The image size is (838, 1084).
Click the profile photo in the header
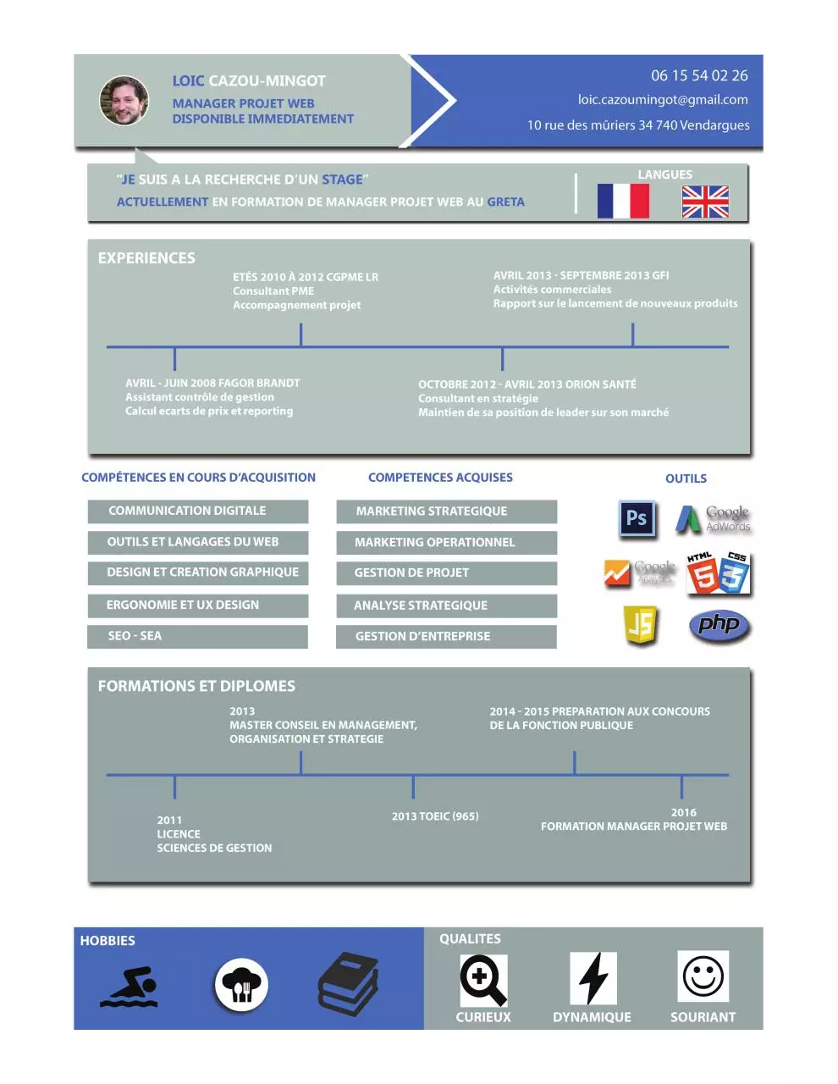click(124, 101)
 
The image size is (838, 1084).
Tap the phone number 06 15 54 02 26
click(699, 75)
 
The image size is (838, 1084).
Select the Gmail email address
click(663, 100)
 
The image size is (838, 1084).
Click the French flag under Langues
click(623, 201)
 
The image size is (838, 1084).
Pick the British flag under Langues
click(705, 202)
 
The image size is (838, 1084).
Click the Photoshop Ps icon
click(637, 519)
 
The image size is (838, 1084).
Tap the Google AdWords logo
click(713, 519)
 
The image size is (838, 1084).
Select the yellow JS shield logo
click(640, 624)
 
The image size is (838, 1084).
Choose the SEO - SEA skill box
click(197, 636)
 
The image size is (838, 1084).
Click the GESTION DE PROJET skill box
click(446, 572)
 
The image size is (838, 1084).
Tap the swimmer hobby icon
click(130, 987)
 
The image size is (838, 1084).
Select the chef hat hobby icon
click(241, 985)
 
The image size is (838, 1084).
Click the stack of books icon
click(348, 984)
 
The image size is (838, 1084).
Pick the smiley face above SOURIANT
click(703, 976)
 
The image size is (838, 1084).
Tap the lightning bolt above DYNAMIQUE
click(593, 978)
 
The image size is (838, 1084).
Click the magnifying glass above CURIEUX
click(483, 980)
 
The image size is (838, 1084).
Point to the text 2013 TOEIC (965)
click(435, 816)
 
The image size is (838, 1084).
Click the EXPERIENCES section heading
click(146, 258)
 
